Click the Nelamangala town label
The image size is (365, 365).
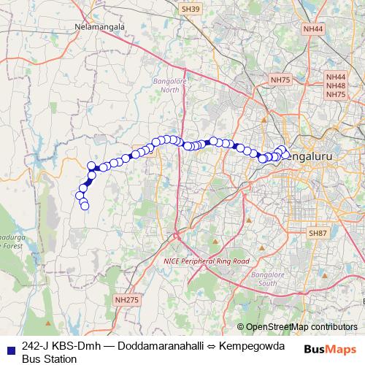100,27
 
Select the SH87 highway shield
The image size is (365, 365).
318,232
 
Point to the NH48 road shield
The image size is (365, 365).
336,85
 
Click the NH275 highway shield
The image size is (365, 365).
126,299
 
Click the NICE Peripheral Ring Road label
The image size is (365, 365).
206,261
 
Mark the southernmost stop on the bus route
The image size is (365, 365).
85,207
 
